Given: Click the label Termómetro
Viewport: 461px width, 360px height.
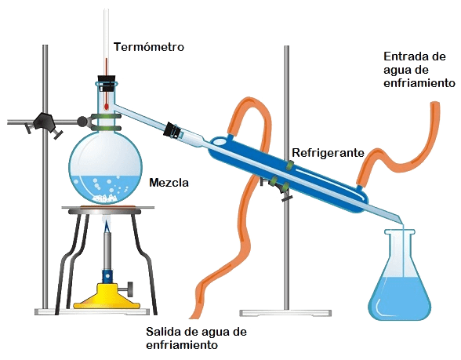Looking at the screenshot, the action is point(149,47).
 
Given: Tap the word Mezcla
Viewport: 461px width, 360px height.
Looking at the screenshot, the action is point(169,183).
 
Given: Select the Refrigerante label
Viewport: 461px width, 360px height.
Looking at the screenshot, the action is point(328,153).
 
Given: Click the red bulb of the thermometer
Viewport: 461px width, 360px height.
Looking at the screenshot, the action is point(106,107).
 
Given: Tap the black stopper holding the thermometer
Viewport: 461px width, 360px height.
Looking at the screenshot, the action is point(106,83).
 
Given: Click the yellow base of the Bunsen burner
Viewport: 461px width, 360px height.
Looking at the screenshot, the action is point(107,296).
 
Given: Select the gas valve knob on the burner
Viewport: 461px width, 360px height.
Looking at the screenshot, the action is point(129,289).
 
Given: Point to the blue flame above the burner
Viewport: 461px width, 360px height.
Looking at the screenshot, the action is point(107,227).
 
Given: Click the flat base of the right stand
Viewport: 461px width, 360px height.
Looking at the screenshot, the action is point(285,313).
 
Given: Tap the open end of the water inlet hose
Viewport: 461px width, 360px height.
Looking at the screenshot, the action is point(434,104).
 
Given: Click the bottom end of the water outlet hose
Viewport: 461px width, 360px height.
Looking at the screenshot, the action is point(194,316).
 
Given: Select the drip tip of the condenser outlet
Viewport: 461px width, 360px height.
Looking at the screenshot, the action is point(402,223).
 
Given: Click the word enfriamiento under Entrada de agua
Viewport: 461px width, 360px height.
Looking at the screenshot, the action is point(419,82).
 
